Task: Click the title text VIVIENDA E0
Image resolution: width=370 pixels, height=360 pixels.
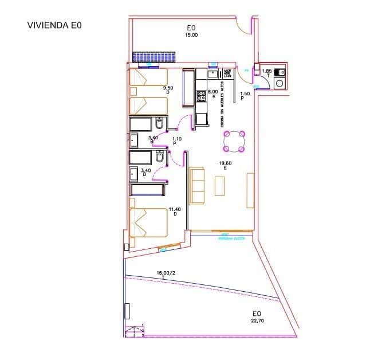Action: point(55,25)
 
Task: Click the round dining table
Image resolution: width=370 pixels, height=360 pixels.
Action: point(235,141)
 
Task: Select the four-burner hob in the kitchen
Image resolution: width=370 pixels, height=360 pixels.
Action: point(201,97)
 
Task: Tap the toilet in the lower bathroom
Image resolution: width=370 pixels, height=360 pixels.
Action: point(160,156)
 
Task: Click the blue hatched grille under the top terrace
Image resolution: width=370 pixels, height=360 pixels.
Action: point(153,58)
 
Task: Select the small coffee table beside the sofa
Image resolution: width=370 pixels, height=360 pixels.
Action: point(220,186)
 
